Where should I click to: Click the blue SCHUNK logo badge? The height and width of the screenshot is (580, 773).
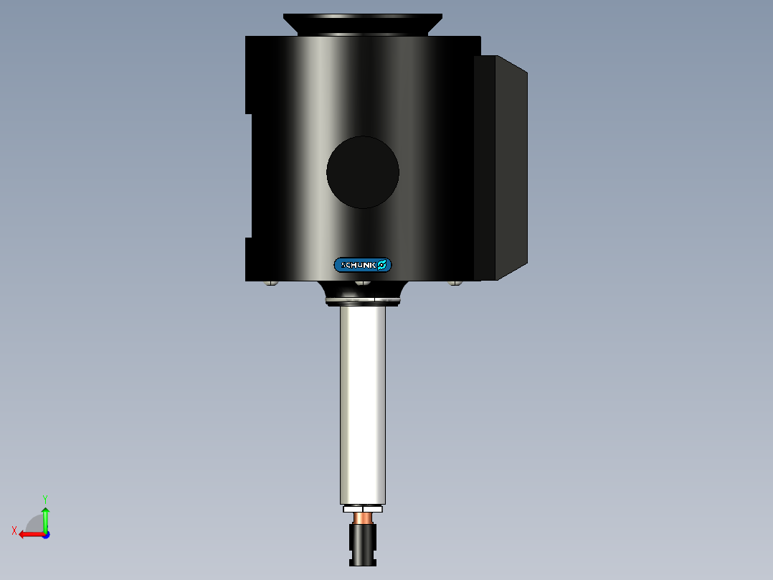coord(363,265)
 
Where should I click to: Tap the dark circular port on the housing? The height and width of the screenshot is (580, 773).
coord(363,172)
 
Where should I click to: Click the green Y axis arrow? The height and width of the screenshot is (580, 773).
coord(45,519)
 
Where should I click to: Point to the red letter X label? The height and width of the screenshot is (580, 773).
coord(14,530)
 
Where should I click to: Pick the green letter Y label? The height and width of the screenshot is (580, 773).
coord(44,498)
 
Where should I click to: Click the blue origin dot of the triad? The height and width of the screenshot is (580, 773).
coord(45,535)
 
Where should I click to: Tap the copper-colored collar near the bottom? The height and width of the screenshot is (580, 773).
coord(363,518)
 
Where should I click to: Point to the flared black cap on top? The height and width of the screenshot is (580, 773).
coord(362,24)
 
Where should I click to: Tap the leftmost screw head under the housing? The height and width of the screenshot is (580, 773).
coord(270,283)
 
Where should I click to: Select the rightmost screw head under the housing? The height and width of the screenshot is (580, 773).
coord(455,283)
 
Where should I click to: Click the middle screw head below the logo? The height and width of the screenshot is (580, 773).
coord(364,283)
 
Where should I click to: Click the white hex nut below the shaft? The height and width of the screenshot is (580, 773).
coord(363,509)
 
